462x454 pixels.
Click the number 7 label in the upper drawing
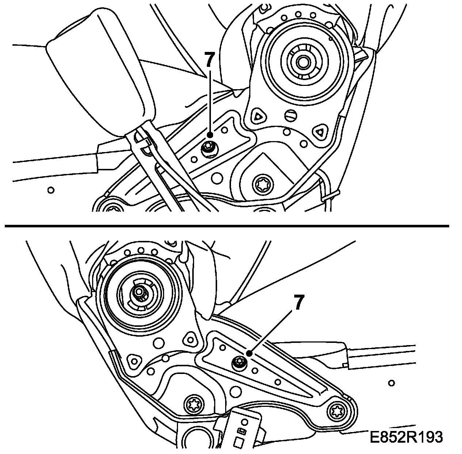pos(209,60)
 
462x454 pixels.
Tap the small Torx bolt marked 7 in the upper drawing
pos(210,149)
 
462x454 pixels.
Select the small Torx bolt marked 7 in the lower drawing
pos(239,363)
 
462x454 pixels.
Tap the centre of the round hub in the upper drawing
pos(302,61)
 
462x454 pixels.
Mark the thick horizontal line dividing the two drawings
pos(227,226)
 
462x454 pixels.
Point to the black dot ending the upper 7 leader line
pos(210,135)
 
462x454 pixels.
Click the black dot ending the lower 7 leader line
pos(249,353)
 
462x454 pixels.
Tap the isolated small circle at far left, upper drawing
pos(51,190)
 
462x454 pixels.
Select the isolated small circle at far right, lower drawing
pos(391,383)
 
